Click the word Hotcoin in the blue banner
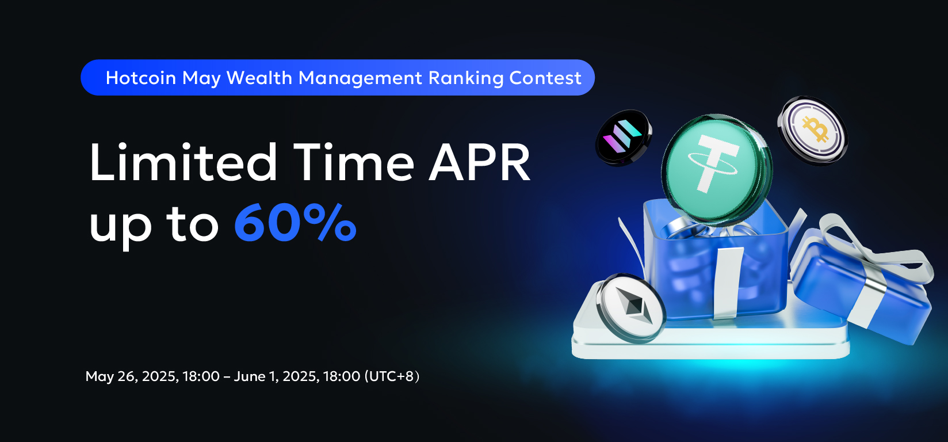[x=140, y=78]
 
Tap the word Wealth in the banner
[x=259, y=78]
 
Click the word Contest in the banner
[x=545, y=78]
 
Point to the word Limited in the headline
[x=184, y=162]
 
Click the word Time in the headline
[x=354, y=162]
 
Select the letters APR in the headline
[x=480, y=162]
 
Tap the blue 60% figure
[x=295, y=223]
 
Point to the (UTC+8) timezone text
[x=392, y=376]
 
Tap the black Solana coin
[x=624, y=137]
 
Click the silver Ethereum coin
[x=630, y=308]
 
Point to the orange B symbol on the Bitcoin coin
[x=815, y=129]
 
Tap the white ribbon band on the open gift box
[x=727, y=283]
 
